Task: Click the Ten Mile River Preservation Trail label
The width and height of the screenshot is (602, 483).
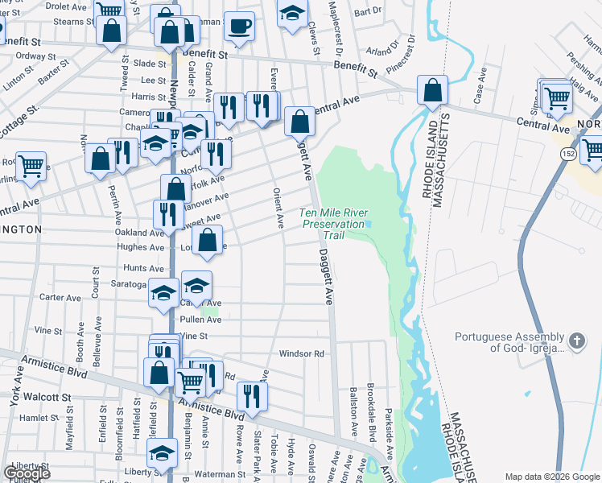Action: coord(333,224)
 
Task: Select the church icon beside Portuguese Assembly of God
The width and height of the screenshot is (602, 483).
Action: coord(577,342)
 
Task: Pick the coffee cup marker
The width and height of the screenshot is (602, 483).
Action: coord(239,27)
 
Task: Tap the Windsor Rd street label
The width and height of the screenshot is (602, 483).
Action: coord(301,353)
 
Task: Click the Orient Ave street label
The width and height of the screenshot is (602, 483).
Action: coord(278,208)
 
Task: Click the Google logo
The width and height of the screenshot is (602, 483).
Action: coord(27,473)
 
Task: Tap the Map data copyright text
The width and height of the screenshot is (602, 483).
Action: coord(551,477)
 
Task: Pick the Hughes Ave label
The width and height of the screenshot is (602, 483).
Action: coord(140,247)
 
